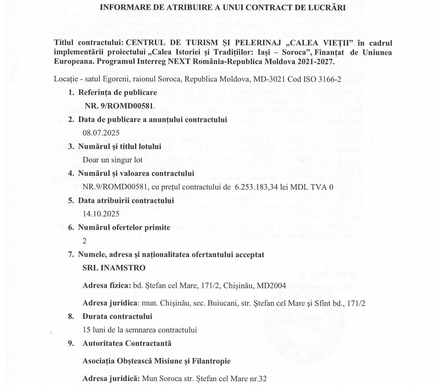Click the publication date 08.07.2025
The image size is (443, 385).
pos(101,133)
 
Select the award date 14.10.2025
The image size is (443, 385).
pos(101,214)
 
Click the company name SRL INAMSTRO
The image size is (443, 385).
pos(114,268)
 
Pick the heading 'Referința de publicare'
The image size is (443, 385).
pos(117,92)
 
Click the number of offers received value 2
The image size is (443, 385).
pos(85,241)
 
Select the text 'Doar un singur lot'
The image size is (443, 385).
pos(112,160)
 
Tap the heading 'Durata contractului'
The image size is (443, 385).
pos(117,317)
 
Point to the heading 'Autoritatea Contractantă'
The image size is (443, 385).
pos(127,343)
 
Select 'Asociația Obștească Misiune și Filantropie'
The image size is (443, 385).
pos(157,361)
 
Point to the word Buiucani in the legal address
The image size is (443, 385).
pos(222,304)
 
